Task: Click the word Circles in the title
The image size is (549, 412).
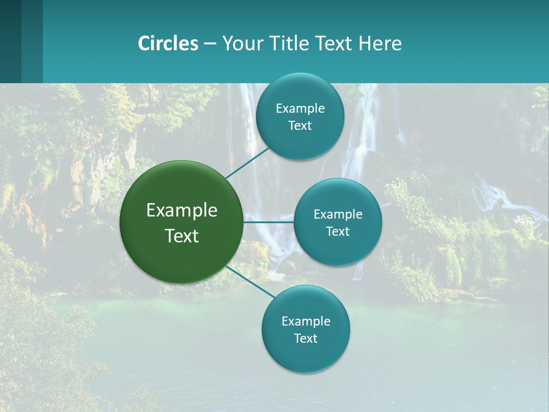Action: coord(168,43)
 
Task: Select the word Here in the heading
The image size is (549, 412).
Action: coord(380,43)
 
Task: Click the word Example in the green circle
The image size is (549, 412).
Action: coord(182,211)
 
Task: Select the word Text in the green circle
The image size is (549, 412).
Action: coord(182,236)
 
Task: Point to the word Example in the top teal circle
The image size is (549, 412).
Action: coord(300,109)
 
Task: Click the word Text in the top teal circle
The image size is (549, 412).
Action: coord(300,126)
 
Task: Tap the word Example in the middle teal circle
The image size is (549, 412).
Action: coord(338,215)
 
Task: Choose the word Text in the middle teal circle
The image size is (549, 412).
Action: coord(338,232)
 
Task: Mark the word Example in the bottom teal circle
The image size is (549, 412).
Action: coord(306,322)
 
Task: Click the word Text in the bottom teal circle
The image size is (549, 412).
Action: coord(306,339)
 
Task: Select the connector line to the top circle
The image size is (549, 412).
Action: coord(247,163)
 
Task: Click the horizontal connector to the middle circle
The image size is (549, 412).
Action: coord(269,222)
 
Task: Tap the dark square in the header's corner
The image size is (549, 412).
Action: coord(10,41)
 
